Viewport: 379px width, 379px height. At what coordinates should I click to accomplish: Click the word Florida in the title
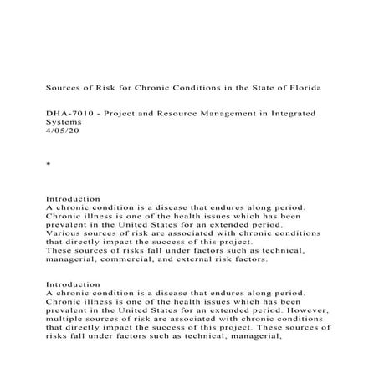tap(300, 86)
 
